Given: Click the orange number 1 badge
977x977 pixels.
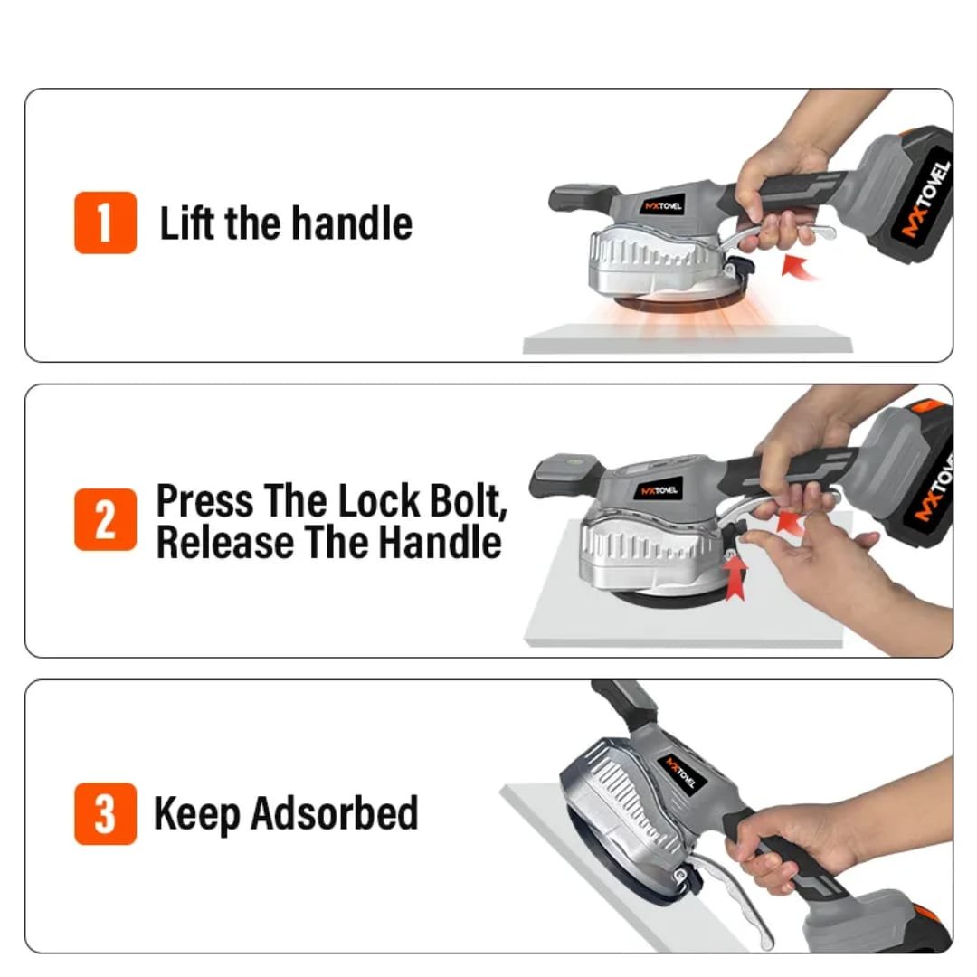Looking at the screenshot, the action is click(105, 223).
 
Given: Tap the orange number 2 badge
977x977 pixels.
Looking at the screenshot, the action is click(105, 519).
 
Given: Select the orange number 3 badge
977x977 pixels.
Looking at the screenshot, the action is click(105, 814).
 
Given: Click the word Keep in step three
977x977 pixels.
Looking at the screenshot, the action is click(196, 814).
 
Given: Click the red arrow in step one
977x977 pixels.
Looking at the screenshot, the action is click(800, 268).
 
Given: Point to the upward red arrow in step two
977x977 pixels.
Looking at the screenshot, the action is click(735, 577).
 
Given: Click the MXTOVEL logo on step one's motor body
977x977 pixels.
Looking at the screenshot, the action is click(664, 206).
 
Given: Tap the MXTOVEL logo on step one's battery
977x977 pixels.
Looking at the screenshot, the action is click(925, 199).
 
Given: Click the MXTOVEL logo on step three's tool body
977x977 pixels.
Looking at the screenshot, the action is click(682, 773).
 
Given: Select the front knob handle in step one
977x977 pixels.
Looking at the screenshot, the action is click(581, 197).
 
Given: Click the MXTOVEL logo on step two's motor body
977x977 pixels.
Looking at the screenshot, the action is click(658, 491).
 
